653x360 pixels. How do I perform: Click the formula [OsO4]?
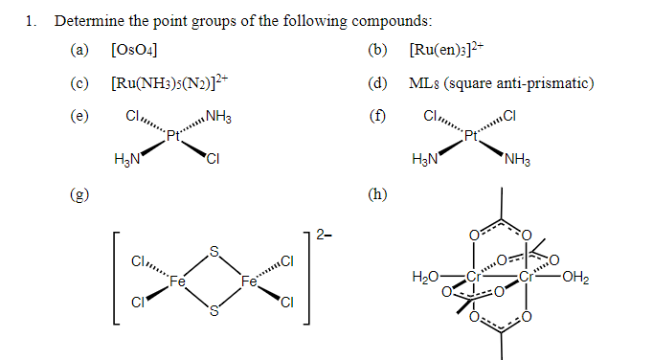point(134,50)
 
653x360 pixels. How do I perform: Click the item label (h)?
point(379,195)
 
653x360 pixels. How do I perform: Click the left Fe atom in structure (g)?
point(177,281)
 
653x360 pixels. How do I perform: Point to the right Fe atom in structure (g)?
point(249,281)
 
